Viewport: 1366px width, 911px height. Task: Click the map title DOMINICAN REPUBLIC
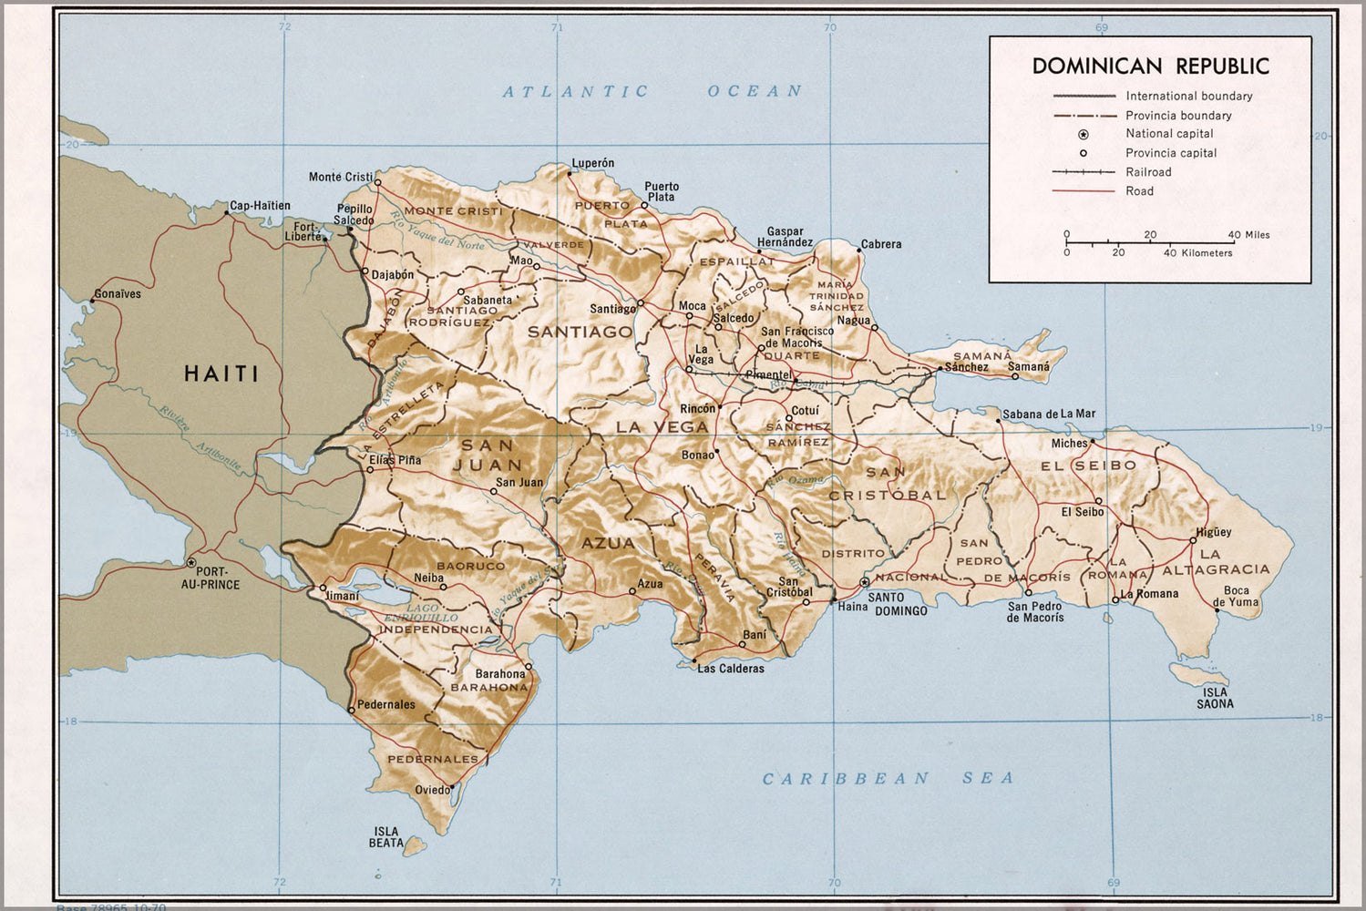tap(1150, 66)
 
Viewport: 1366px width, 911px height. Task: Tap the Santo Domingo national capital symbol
tap(864, 582)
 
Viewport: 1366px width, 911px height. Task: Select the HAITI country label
tap(221, 374)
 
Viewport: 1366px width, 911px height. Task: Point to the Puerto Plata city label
tap(662, 191)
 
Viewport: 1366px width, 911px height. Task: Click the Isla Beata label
tap(386, 837)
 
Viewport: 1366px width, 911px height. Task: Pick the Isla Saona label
tap(1215, 698)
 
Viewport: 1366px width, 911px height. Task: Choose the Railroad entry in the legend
tap(1148, 172)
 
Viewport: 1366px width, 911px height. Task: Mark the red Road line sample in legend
tap(1084, 191)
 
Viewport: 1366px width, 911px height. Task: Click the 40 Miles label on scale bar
tap(1248, 235)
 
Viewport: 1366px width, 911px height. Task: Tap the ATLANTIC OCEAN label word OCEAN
tap(755, 91)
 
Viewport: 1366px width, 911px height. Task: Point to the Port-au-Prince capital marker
tap(191, 563)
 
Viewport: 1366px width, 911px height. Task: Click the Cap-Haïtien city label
tap(260, 206)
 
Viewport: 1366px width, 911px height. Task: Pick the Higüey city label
tap(1213, 532)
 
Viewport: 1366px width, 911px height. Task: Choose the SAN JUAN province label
tap(488, 455)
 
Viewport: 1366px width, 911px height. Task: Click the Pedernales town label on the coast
tap(385, 704)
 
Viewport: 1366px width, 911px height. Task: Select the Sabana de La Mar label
tap(1049, 414)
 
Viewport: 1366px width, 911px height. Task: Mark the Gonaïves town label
tap(118, 294)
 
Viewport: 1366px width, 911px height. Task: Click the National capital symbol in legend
tap(1084, 134)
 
